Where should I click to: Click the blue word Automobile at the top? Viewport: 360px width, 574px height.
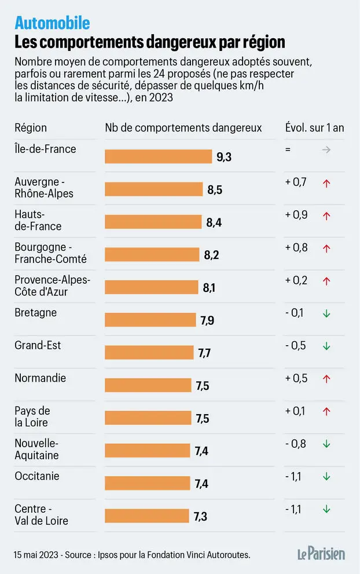(52, 23)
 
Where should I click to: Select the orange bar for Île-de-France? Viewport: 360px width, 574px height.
(158, 156)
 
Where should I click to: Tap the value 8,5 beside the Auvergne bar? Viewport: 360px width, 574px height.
(215, 189)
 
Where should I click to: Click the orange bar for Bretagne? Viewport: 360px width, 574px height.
(150, 320)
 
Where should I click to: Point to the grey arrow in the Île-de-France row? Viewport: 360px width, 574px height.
(326, 149)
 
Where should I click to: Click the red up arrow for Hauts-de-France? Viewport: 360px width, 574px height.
(326, 215)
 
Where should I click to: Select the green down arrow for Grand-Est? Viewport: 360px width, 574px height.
(326, 346)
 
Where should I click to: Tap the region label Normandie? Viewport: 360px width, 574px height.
(41, 378)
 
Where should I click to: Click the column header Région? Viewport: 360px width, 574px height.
(31, 128)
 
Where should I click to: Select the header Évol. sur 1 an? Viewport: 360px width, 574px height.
(314, 128)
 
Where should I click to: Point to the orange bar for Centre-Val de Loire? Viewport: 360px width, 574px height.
(147, 515)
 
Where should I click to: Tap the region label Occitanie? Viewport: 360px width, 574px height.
(37, 476)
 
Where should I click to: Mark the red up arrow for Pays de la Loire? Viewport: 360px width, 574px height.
(326, 412)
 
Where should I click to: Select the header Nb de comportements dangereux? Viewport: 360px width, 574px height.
(183, 128)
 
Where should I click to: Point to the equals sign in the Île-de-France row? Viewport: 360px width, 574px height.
(288, 149)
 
